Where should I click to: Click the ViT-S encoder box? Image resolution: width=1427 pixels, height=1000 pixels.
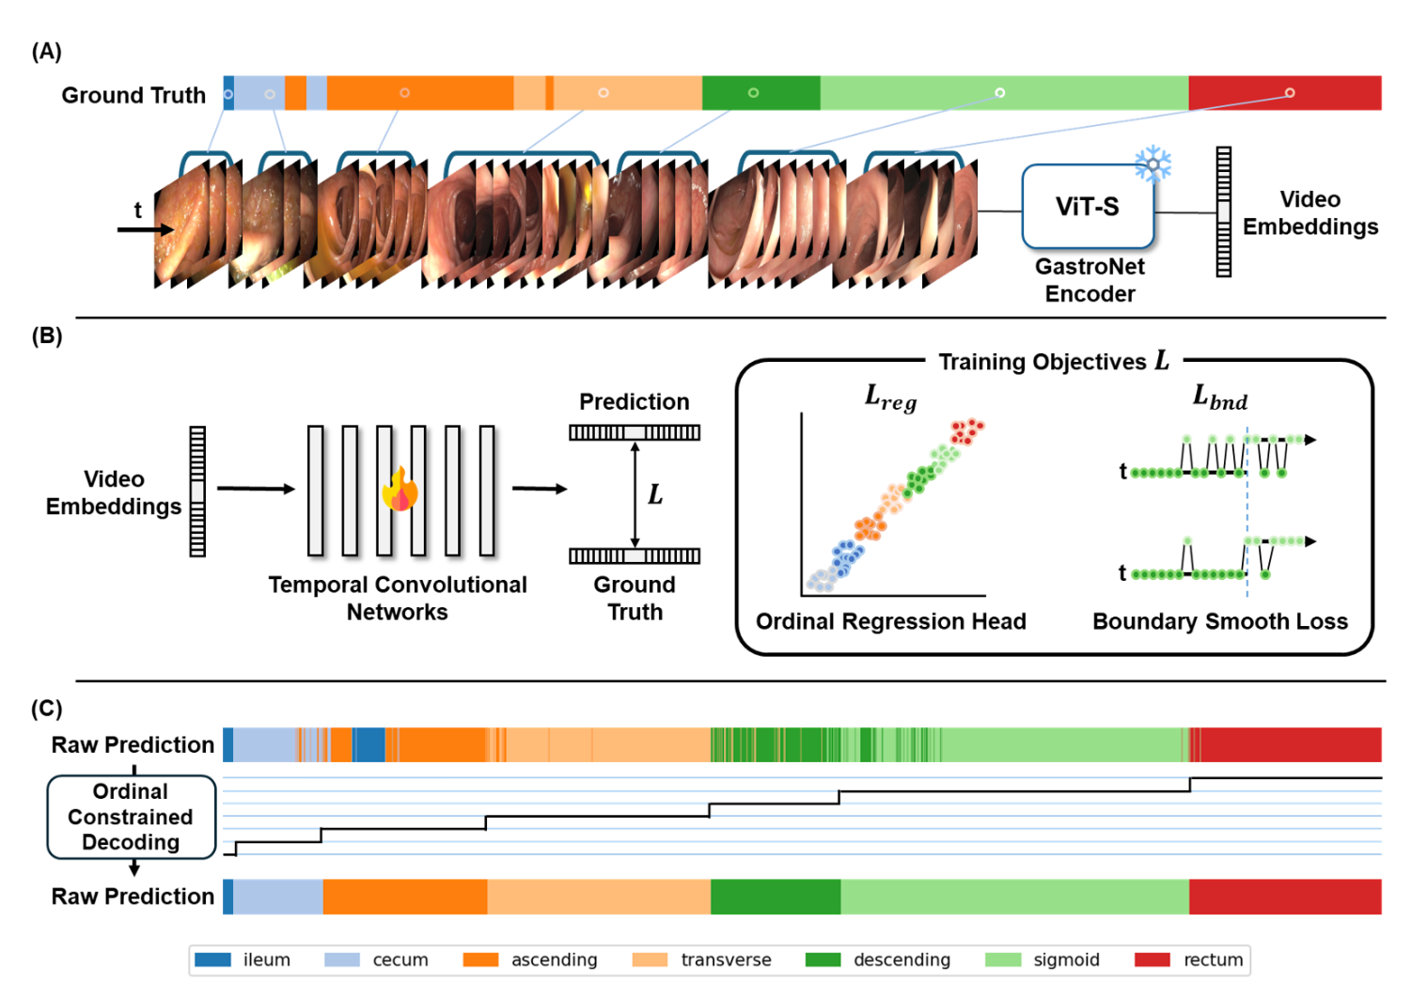click(1088, 207)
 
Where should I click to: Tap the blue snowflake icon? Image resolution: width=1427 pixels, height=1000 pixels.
click(1153, 164)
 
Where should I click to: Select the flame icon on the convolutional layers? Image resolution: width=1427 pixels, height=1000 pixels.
click(400, 489)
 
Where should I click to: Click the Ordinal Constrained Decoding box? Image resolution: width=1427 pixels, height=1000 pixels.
click(132, 817)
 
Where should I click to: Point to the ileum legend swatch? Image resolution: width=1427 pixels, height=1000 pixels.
click(212, 960)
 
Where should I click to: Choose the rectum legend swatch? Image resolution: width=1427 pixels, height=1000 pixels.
click(1153, 960)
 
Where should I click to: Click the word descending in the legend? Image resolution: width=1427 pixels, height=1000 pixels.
click(902, 960)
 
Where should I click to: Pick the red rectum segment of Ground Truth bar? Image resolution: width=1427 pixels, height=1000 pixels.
click(1285, 93)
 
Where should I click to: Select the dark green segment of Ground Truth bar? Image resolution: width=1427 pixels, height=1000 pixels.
click(761, 93)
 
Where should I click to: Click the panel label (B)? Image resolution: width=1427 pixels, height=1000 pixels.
click(47, 336)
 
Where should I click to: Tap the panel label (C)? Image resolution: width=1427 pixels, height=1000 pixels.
click(47, 709)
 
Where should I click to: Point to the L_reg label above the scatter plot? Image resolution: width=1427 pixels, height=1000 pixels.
click(890, 398)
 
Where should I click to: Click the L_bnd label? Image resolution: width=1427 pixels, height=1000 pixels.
click(1220, 398)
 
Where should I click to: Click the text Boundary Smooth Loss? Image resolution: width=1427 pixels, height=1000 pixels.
click(1220, 621)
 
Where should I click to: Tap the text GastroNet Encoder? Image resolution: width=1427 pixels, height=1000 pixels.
click(1090, 280)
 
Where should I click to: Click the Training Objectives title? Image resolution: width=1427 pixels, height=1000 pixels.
click(1054, 361)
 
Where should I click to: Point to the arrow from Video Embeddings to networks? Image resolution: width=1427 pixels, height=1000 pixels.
click(256, 489)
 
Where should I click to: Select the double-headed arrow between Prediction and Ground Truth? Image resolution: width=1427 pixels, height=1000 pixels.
click(635, 494)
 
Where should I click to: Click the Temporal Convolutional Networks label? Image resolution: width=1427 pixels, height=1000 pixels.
click(398, 598)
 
